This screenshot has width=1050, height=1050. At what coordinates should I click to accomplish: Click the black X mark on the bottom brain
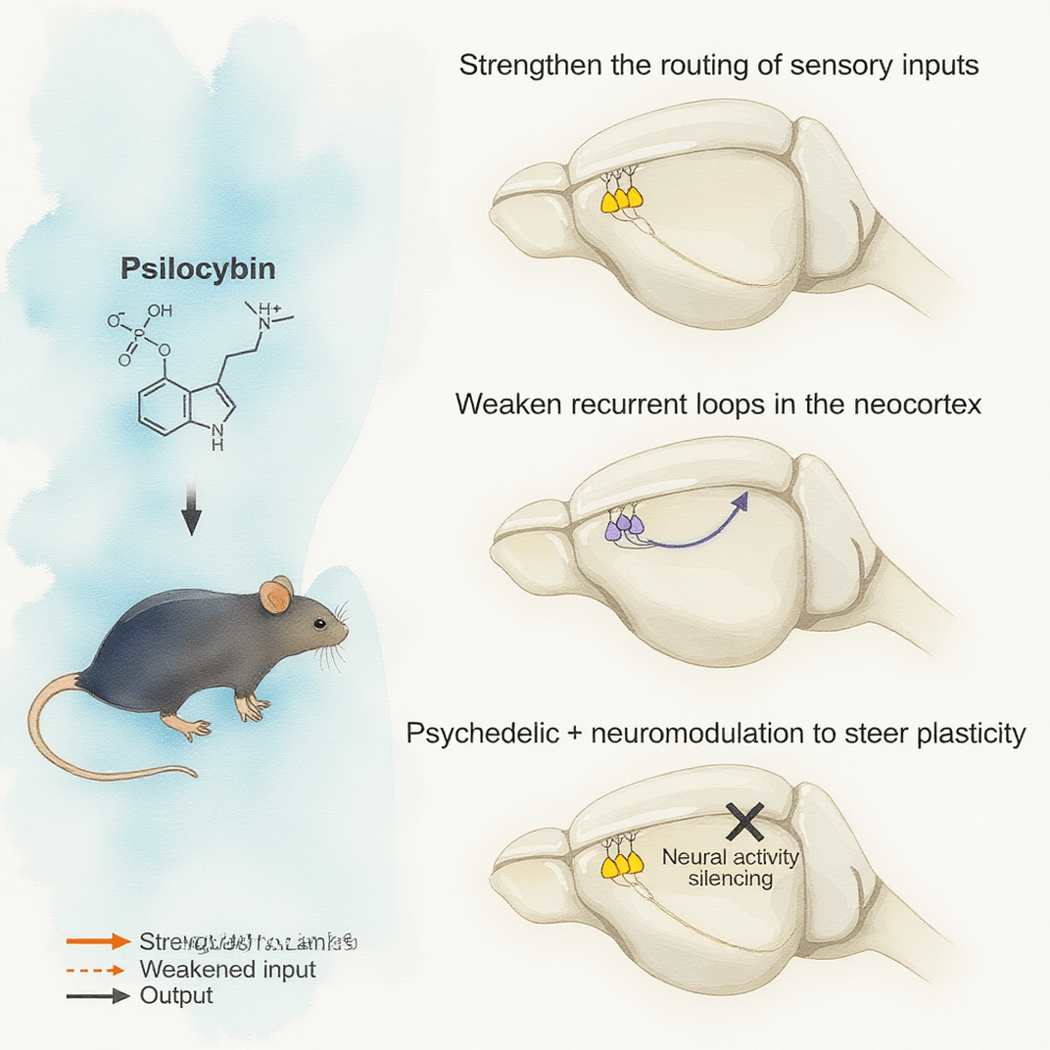click(x=744, y=820)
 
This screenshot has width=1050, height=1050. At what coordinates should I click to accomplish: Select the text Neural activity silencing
click(x=731, y=867)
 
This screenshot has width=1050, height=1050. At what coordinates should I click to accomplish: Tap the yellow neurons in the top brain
click(x=622, y=199)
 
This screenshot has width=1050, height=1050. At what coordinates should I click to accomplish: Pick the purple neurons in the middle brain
click(x=624, y=528)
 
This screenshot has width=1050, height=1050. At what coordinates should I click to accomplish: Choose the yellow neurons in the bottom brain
click(x=622, y=863)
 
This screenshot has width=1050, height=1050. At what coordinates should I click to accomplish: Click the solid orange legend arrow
click(x=98, y=941)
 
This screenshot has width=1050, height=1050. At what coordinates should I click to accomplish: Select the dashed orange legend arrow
click(x=98, y=970)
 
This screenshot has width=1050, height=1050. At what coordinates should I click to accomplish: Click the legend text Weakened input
click(x=228, y=970)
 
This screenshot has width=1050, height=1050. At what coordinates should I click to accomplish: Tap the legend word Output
click(x=176, y=996)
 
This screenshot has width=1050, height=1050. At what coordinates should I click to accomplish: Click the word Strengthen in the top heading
click(x=519, y=68)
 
